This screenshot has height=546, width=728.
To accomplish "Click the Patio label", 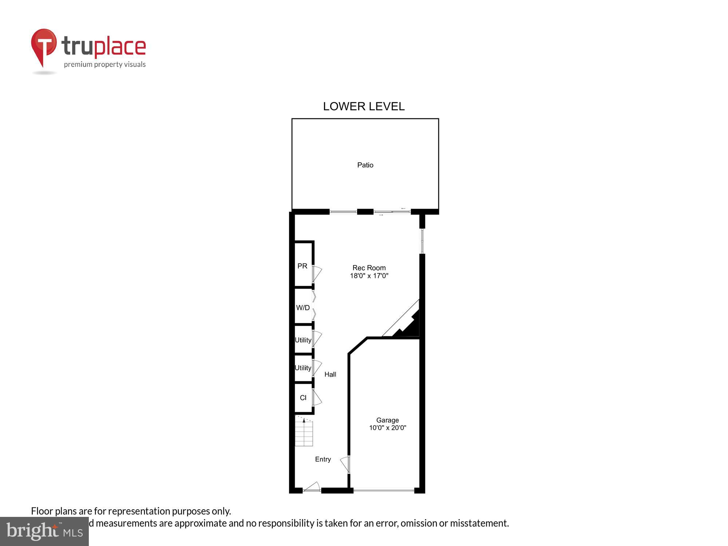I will (365, 165).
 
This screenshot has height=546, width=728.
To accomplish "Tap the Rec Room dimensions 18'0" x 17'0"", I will (369, 276).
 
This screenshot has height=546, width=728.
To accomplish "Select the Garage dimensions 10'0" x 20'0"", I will (388, 428).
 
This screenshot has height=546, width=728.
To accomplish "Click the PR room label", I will (302, 266).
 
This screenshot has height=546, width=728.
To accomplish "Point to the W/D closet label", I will (303, 308).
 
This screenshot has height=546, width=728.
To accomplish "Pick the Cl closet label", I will (303, 398).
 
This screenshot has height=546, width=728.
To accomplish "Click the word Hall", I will (330, 374).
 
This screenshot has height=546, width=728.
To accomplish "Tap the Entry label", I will (323, 459).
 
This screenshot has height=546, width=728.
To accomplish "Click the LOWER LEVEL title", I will (364, 106).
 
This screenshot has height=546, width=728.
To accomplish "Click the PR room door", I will (317, 273).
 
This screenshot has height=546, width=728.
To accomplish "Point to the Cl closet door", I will (317, 397).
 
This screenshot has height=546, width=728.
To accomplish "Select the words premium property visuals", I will (105, 65).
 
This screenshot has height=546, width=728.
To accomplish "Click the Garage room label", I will (387, 420).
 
